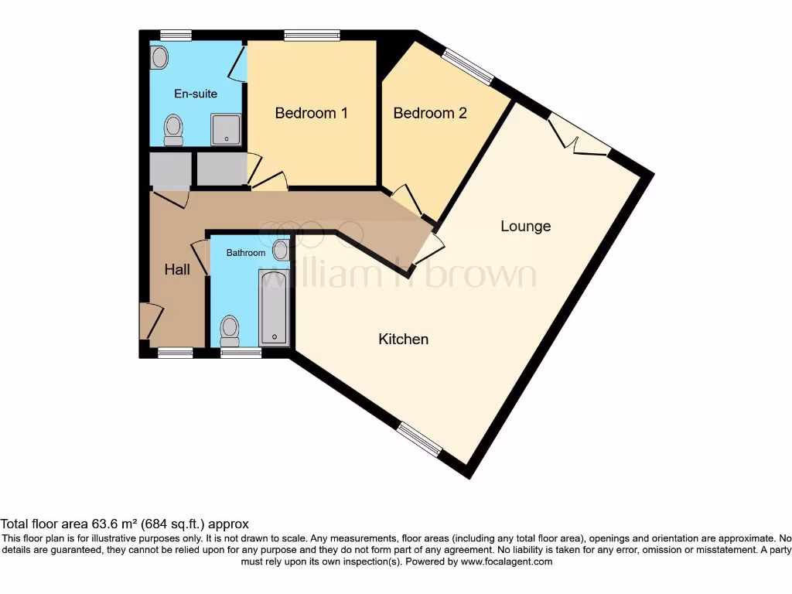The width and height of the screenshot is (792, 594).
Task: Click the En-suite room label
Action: (x=195, y=94)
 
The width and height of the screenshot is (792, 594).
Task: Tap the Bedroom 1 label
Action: (x=311, y=113)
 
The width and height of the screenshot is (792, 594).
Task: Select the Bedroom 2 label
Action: (x=430, y=113)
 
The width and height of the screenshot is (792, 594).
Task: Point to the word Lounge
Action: (x=526, y=226)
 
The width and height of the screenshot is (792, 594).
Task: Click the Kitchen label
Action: (x=403, y=339)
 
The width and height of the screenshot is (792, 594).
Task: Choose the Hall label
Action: (x=177, y=269)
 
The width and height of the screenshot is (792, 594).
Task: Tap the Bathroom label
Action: (x=245, y=253)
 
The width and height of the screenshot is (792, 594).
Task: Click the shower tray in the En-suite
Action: (x=226, y=129)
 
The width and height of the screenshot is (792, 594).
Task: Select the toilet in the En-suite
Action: (x=173, y=129)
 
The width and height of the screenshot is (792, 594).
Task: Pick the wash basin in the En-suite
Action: (x=160, y=57)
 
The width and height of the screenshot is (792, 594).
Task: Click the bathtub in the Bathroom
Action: (x=274, y=307)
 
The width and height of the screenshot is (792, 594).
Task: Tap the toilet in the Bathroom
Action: (x=230, y=330)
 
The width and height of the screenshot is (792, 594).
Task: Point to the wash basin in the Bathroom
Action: (x=280, y=249)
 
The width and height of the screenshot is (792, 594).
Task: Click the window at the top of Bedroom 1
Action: (x=311, y=35)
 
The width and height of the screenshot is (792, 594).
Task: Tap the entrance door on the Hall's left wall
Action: (x=149, y=321)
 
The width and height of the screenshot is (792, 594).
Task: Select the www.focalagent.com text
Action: (x=507, y=562)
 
